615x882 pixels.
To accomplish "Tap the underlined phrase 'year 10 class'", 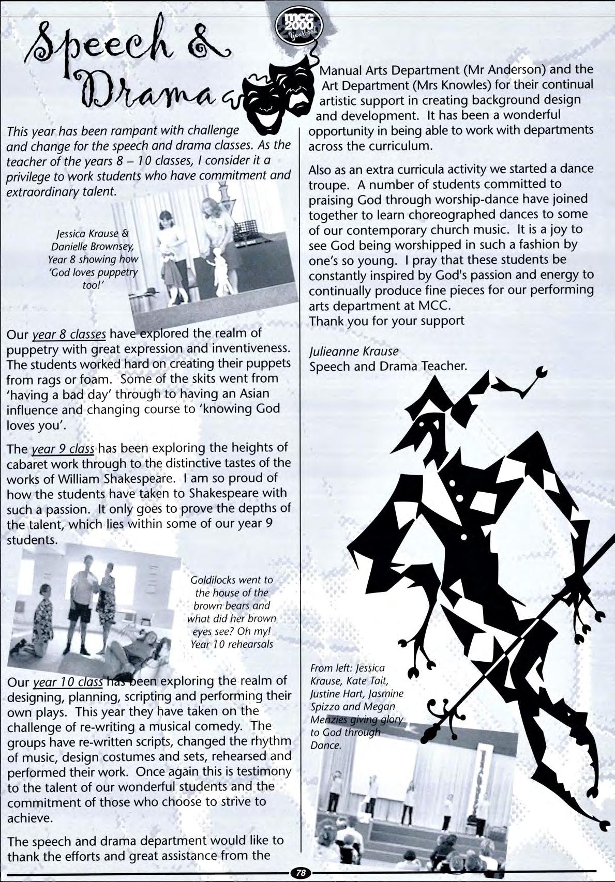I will click(68, 682).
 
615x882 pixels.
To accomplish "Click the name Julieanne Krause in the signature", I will click(354, 351).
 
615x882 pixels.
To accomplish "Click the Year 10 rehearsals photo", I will click(93, 607).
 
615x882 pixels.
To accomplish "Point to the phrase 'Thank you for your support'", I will click(386, 321).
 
